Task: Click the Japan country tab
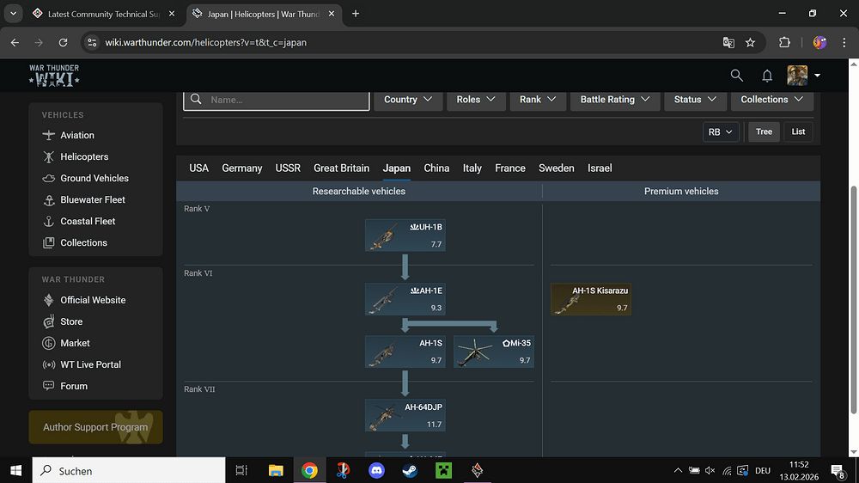[x=396, y=168]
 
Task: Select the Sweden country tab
[x=556, y=168]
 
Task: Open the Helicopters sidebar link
[x=84, y=156]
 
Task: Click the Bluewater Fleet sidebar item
[x=93, y=199]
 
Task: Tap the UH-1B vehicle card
[x=405, y=235]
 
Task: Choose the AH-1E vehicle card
[x=405, y=299]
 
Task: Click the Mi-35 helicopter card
[x=494, y=352]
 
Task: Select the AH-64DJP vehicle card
[x=405, y=415]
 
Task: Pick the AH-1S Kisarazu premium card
[x=591, y=299]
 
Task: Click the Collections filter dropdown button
[x=771, y=100]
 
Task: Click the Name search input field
[x=277, y=100]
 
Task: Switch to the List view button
[x=798, y=131]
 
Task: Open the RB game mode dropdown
[x=720, y=131]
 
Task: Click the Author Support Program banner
[x=95, y=427]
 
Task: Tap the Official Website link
[x=93, y=300]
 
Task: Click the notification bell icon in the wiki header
[x=767, y=76]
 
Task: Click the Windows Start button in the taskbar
[x=15, y=470]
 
